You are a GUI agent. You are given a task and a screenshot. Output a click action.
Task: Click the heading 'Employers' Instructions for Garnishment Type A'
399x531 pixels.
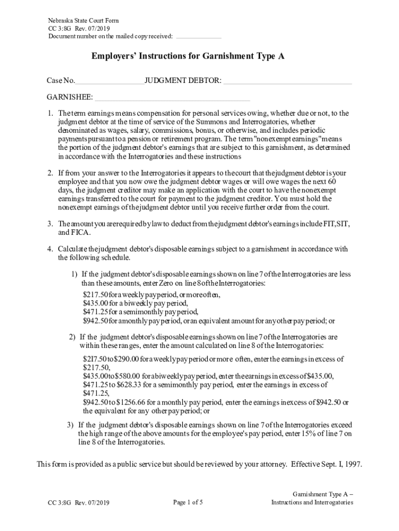[x=188, y=57]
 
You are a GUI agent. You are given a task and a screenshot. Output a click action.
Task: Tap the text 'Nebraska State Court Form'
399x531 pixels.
[x=83, y=21]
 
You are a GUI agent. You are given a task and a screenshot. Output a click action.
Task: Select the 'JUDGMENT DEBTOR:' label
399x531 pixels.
[x=183, y=80]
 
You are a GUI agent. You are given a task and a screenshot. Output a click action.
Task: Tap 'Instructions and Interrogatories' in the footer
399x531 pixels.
[x=312, y=502]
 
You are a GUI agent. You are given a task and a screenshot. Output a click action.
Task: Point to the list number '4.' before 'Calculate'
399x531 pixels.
[x=50, y=249]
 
